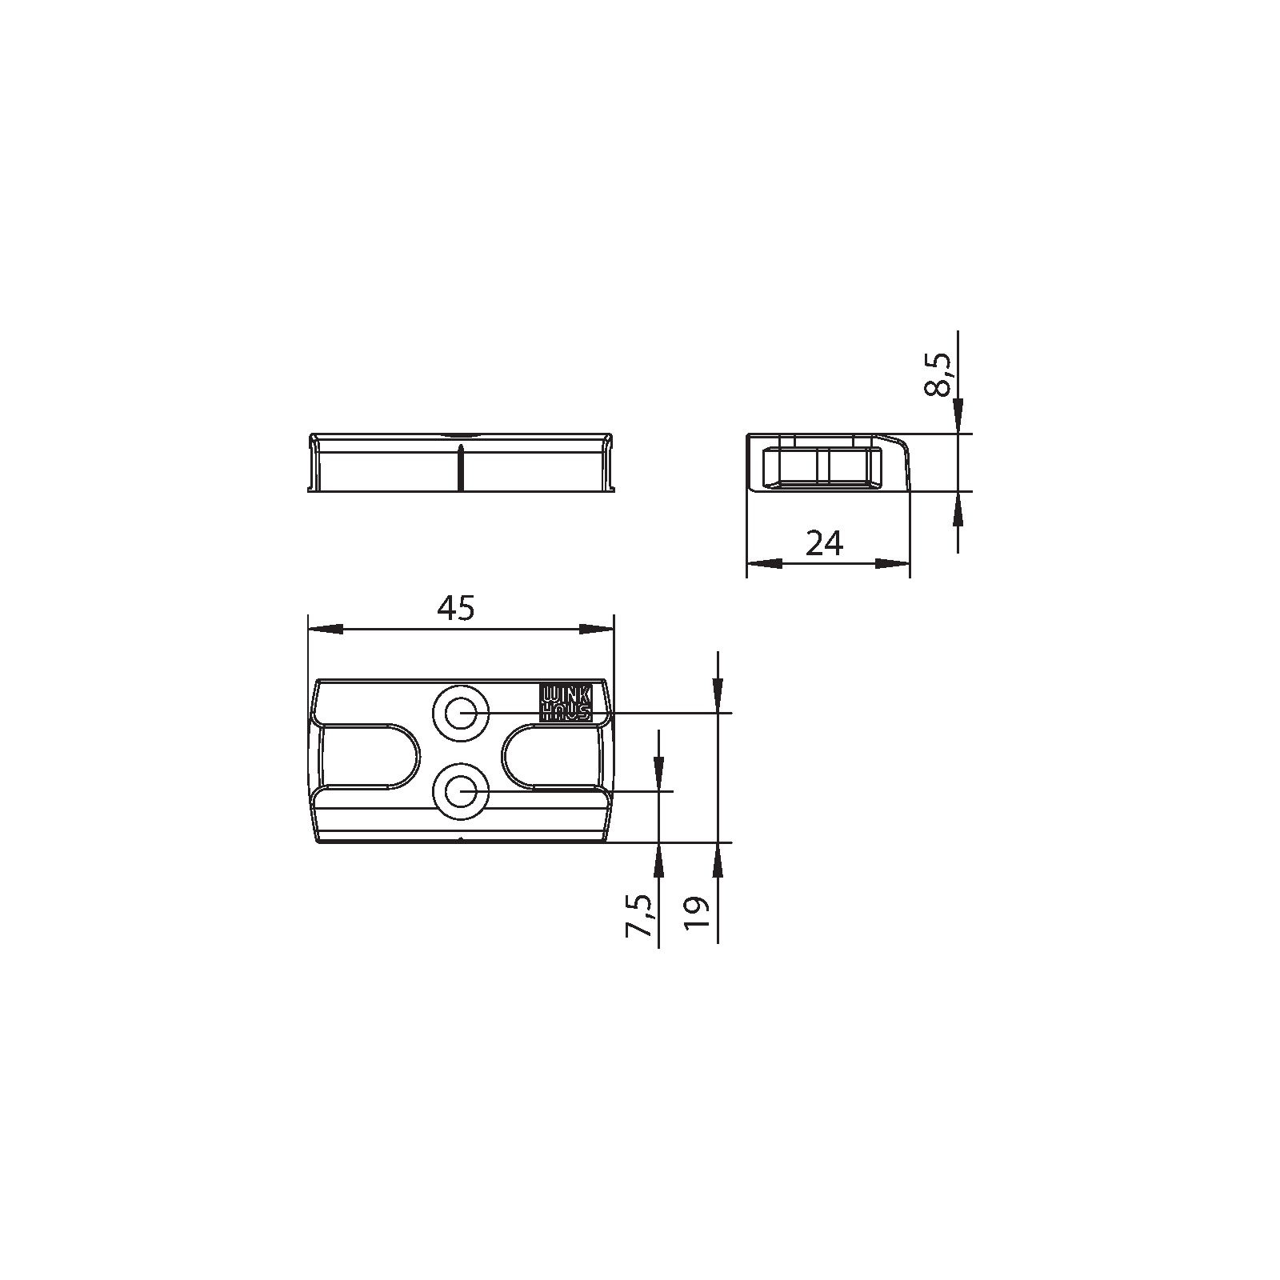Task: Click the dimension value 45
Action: (x=455, y=609)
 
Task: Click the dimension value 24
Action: (x=824, y=544)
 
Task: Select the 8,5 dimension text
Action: (x=938, y=374)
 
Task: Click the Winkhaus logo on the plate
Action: (x=566, y=702)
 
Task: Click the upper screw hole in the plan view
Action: (x=461, y=712)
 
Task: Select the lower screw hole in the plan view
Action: (x=461, y=792)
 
